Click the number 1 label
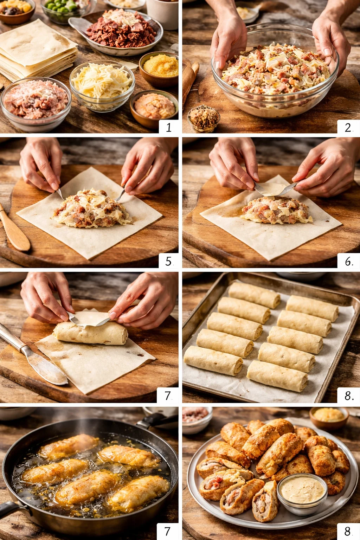pos(168,127)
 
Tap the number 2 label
pos(348,127)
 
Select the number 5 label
pos(168,261)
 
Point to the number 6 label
pos(348,261)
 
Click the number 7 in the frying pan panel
pos(167,531)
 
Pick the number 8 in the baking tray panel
pos(348,396)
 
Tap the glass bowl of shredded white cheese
pos(102,84)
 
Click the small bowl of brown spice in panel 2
pos(204,118)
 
